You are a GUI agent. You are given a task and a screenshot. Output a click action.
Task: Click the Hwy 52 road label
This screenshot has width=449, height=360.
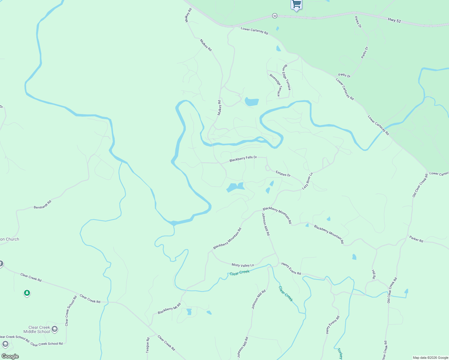pyautogui.click(x=394, y=20)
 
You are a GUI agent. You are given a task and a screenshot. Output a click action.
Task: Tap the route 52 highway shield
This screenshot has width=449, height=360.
pyautogui.click(x=275, y=16)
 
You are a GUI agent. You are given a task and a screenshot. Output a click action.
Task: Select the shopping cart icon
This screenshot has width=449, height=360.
pyautogui.click(x=296, y=4)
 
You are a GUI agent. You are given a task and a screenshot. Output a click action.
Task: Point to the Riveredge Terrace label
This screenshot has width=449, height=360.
pyautogui.click(x=276, y=85)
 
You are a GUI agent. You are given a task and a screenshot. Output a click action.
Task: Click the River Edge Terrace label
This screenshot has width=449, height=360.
pyautogui.click(x=286, y=77)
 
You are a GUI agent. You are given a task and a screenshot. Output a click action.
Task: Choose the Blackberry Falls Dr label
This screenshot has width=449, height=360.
pyautogui.click(x=243, y=159)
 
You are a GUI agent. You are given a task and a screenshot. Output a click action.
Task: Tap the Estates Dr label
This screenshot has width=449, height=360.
pyautogui.click(x=283, y=173)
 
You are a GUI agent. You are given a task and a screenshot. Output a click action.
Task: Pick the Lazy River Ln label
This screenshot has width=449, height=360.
pyautogui.click(x=307, y=181)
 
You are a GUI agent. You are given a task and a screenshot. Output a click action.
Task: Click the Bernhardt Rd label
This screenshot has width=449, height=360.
pyautogui.click(x=43, y=205)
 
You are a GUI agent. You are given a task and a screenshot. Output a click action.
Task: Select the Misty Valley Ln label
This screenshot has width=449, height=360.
pyautogui.click(x=243, y=265)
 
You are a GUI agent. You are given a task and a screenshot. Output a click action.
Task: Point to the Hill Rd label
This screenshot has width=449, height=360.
pyautogui.click(x=374, y=274)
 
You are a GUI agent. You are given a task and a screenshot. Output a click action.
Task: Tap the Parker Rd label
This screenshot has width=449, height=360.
pyautogui.click(x=416, y=239)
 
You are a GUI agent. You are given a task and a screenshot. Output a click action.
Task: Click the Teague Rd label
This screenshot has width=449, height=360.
pyautogui.click(x=148, y=345)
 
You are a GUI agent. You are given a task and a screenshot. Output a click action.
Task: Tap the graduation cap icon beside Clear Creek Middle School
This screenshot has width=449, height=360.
pyautogui.click(x=55, y=329)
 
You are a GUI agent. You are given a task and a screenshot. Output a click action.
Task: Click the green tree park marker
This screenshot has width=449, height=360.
pyautogui.click(x=27, y=293)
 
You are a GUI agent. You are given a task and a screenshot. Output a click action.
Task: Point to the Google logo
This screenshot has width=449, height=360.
pyautogui.click(x=10, y=356)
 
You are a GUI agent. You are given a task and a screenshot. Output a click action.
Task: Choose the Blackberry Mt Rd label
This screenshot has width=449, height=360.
pyautogui.click(x=169, y=309)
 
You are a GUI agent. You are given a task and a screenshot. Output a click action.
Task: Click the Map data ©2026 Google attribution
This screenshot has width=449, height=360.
pyautogui.click(x=430, y=358)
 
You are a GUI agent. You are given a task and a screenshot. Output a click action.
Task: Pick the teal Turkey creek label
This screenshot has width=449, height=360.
pyautogui.click(x=340, y=353)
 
